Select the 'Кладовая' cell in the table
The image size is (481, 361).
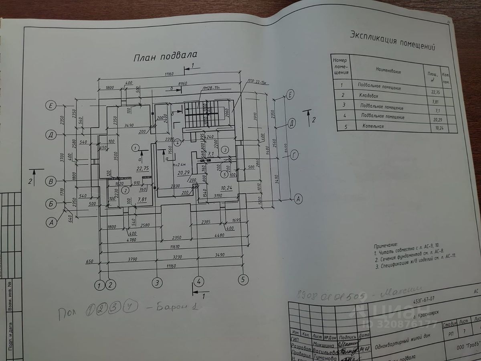tap(370, 97)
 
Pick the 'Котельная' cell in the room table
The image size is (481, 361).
tap(373, 126)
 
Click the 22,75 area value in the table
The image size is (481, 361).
tap(432, 91)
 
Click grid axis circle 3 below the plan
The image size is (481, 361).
tap(157, 283)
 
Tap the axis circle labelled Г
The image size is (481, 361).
tap(295, 155)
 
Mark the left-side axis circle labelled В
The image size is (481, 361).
tap(51, 181)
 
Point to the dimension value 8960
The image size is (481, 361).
tap(182, 83)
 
